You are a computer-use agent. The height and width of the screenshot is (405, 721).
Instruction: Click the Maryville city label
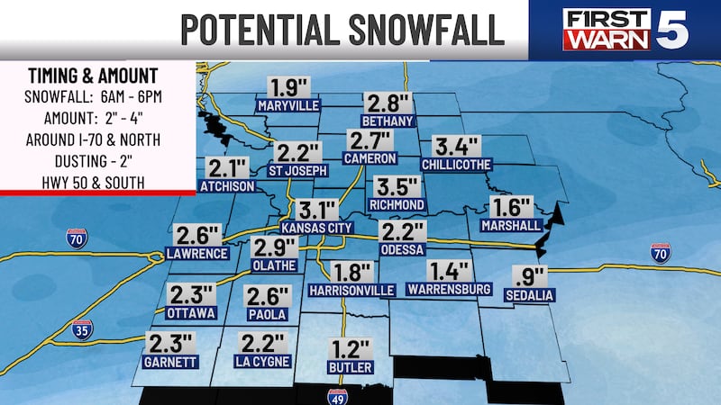(288, 106)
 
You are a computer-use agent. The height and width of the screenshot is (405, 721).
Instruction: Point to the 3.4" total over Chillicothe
(457, 147)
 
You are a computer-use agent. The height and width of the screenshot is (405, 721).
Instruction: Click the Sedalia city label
(529, 295)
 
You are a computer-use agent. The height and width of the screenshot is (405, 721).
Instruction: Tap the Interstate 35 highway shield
(82, 329)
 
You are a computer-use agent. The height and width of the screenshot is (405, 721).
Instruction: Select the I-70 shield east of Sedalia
(661, 252)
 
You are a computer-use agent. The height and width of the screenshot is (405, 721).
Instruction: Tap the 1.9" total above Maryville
(287, 88)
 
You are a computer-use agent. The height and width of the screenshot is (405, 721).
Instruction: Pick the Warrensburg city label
(448, 289)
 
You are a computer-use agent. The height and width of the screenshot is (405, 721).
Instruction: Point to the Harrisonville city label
(351, 291)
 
